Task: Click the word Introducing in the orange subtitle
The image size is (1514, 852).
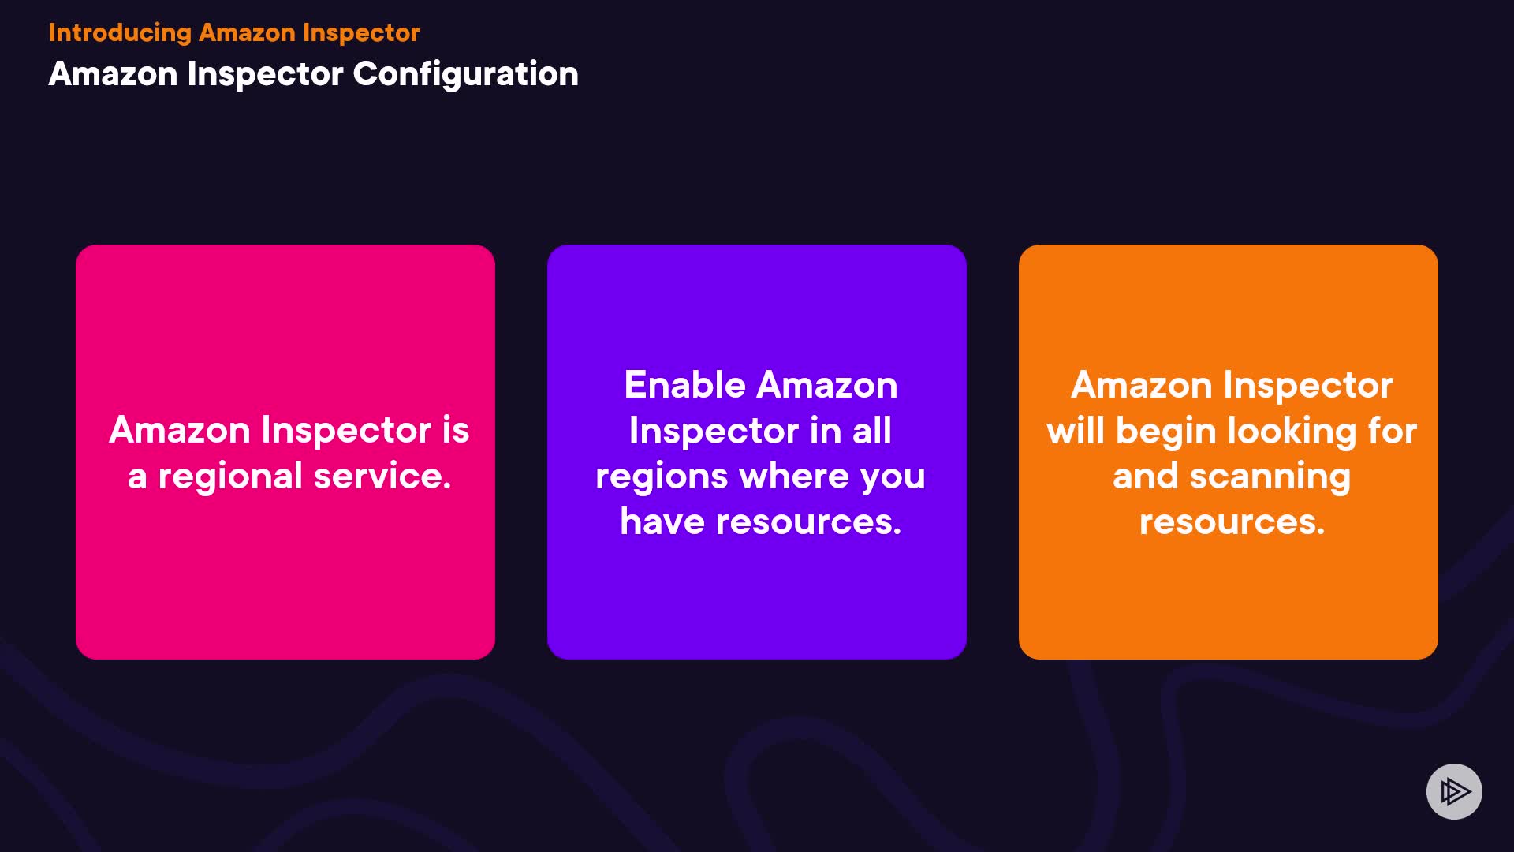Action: (x=120, y=33)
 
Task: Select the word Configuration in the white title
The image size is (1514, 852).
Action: (x=465, y=75)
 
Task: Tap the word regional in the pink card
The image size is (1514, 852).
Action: (x=230, y=477)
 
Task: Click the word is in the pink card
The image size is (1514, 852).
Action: (x=455, y=430)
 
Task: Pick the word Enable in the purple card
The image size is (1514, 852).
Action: (x=684, y=385)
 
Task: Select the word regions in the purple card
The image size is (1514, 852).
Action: (x=662, y=477)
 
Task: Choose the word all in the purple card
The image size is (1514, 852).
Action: (x=871, y=431)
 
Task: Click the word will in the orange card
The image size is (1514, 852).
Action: (x=1076, y=431)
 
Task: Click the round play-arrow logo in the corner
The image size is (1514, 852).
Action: (x=1454, y=791)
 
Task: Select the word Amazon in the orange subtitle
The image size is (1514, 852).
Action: (x=247, y=33)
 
